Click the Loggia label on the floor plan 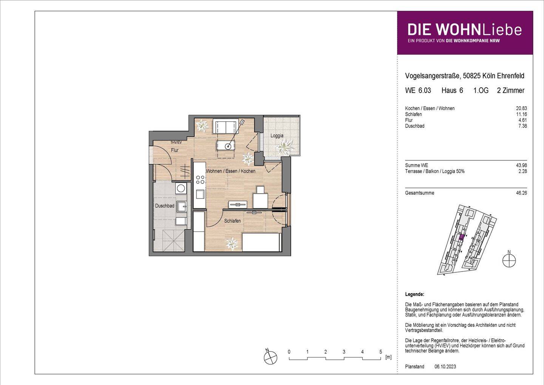(277, 136)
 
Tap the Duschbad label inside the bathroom (165, 206)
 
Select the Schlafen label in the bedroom (232, 221)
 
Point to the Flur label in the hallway (175, 150)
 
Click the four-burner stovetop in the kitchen (199, 180)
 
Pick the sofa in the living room (225, 126)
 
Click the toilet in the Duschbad (181, 221)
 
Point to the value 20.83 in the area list (522, 109)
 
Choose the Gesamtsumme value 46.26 (522, 193)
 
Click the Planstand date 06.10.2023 (445, 366)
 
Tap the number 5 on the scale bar (381, 352)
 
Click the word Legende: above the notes (414, 294)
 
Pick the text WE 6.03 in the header (418, 90)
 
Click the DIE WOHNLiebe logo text (465, 29)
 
